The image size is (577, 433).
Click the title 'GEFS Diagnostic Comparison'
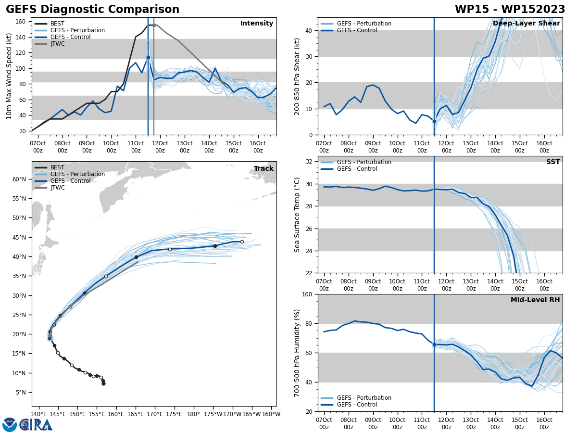92,10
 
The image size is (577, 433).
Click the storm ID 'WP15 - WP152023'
510,10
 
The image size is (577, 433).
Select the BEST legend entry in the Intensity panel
57,24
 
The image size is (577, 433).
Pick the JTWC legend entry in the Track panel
57,188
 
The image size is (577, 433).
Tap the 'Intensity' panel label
257,24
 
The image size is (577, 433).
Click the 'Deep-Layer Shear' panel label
526,24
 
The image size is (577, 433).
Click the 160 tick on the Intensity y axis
21,22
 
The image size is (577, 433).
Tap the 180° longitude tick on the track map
193,414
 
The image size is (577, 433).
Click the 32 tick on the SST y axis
310,162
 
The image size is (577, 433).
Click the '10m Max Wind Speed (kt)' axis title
9,76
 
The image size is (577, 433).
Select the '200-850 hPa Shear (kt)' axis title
298,76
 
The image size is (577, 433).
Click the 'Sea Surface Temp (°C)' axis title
298,215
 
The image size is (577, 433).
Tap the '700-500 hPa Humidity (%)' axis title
298,353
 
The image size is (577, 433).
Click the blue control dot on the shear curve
434,121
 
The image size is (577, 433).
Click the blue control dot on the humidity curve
434,344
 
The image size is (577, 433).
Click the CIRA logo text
36,425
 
